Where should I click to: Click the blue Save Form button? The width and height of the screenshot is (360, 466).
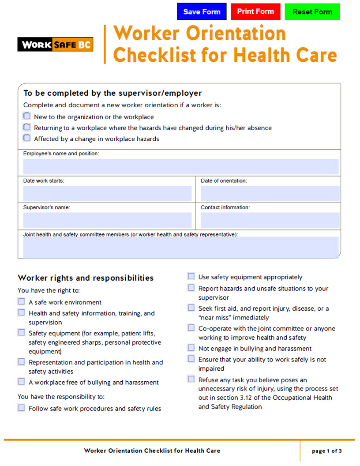[x=202, y=12]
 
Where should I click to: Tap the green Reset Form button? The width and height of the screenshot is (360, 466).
[x=312, y=12]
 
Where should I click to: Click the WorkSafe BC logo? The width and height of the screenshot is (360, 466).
[x=55, y=45]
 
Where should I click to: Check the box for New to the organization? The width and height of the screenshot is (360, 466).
[x=27, y=116]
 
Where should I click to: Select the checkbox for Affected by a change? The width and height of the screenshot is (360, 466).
[x=27, y=138]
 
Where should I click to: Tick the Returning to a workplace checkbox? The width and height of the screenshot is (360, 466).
[x=27, y=128]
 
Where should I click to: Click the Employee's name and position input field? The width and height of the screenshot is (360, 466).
[x=181, y=167]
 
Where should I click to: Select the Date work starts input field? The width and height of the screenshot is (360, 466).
[x=107, y=193]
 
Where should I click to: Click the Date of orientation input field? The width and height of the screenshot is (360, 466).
[x=270, y=193]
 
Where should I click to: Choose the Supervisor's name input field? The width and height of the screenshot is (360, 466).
[x=107, y=220]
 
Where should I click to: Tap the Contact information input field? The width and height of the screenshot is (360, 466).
[x=270, y=220]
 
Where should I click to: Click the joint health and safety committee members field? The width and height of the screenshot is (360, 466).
[x=181, y=247]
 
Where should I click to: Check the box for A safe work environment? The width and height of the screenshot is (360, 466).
[x=21, y=302]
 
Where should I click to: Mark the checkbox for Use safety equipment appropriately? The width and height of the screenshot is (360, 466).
[x=191, y=277]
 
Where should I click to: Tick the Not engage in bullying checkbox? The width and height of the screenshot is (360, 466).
[x=191, y=348]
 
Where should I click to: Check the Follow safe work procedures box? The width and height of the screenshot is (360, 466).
[x=21, y=408]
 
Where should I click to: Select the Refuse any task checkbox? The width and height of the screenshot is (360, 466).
[x=191, y=379]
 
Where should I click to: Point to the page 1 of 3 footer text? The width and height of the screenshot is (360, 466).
[x=326, y=451]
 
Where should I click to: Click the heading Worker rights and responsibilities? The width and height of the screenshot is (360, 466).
[x=86, y=278]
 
